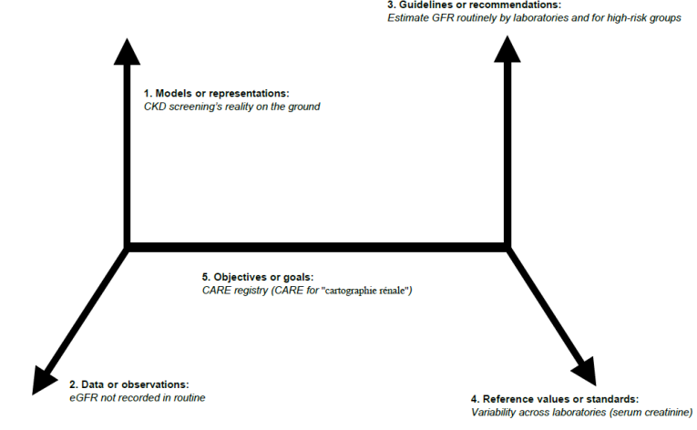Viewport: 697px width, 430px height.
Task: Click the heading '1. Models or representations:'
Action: coord(216,94)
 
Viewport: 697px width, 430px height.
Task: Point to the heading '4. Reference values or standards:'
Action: coord(554,399)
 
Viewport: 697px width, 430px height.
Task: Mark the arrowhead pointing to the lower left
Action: coord(43,377)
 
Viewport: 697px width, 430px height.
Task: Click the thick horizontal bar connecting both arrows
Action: coord(316,246)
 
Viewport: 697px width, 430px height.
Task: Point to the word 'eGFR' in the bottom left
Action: coord(84,397)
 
